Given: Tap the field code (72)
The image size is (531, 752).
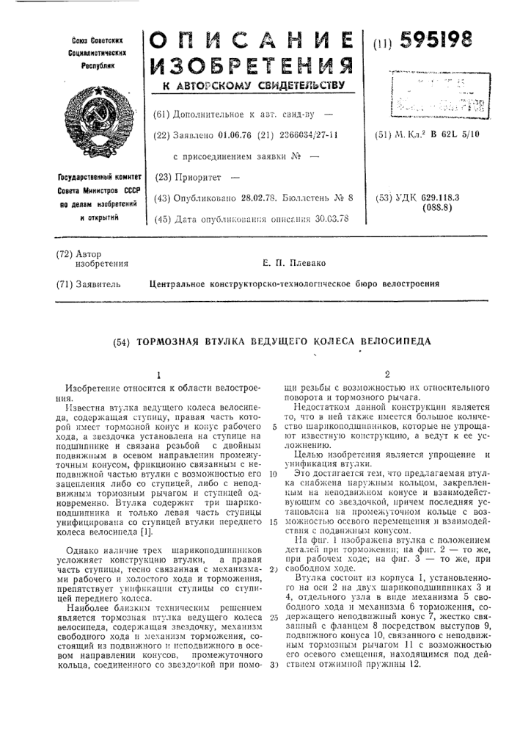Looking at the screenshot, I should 65,253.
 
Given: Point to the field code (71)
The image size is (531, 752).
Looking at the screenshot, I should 65,283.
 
